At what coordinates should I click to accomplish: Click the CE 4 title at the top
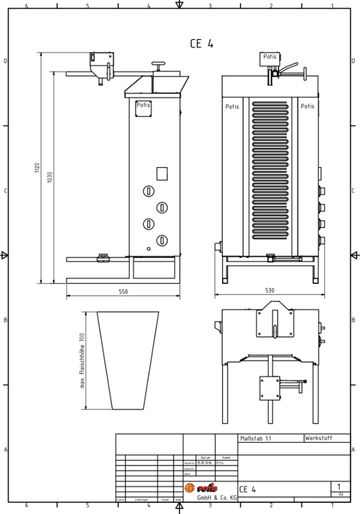pyautogui.click(x=202, y=43)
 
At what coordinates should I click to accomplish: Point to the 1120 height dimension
pyautogui.click(x=36, y=168)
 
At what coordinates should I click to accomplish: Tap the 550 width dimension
pyautogui.click(x=123, y=291)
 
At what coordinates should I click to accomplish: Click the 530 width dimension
pyautogui.click(x=269, y=289)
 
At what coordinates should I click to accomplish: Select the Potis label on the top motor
pyautogui.click(x=269, y=57)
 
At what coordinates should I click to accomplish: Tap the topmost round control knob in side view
pyautogui.click(x=149, y=191)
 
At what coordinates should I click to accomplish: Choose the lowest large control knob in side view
pyautogui.click(x=162, y=239)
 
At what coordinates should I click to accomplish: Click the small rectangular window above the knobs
pyautogui.click(x=162, y=173)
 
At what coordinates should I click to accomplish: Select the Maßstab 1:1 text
pyautogui.click(x=255, y=438)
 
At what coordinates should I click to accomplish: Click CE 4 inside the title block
pyautogui.click(x=248, y=490)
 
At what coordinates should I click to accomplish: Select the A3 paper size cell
pyautogui.click(x=340, y=494)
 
